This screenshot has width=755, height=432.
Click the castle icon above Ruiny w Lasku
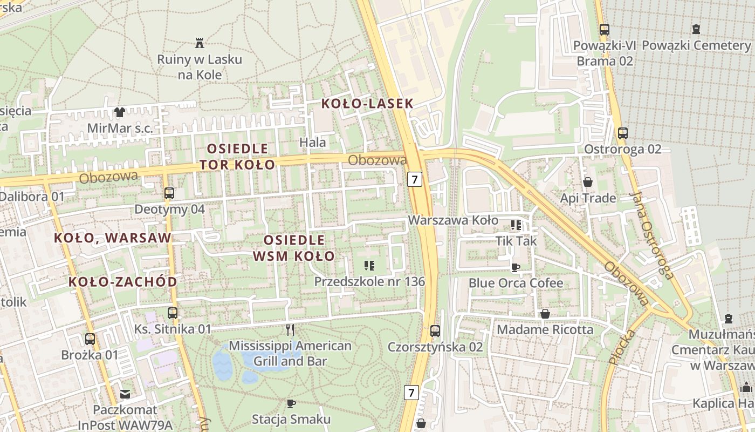[x=200, y=43]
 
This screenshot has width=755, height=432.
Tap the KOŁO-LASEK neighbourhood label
[x=367, y=104]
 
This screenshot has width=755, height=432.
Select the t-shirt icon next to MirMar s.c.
[x=119, y=112]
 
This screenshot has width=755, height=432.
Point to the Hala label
[x=313, y=142]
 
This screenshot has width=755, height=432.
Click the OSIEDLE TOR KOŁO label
[x=238, y=156]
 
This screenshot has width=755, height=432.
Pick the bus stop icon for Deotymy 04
[x=169, y=193]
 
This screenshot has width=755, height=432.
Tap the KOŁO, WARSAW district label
[x=113, y=238]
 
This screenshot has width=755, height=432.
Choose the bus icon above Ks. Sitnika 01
[x=173, y=313]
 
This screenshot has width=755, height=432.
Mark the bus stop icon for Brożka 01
[x=90, y=339]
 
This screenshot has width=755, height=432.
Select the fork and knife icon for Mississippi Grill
[x=290, y=329]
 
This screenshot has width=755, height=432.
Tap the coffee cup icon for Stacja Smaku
[x=291, y=403]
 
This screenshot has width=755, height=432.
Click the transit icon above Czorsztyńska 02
[x=435, y=330]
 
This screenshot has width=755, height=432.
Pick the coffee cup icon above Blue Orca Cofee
[x=516, y=267]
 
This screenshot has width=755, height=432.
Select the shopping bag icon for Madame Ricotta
[x=545, y=314]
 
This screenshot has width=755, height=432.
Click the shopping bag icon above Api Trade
[x=588, y=182]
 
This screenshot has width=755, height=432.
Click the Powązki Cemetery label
[x=696, y=45]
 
